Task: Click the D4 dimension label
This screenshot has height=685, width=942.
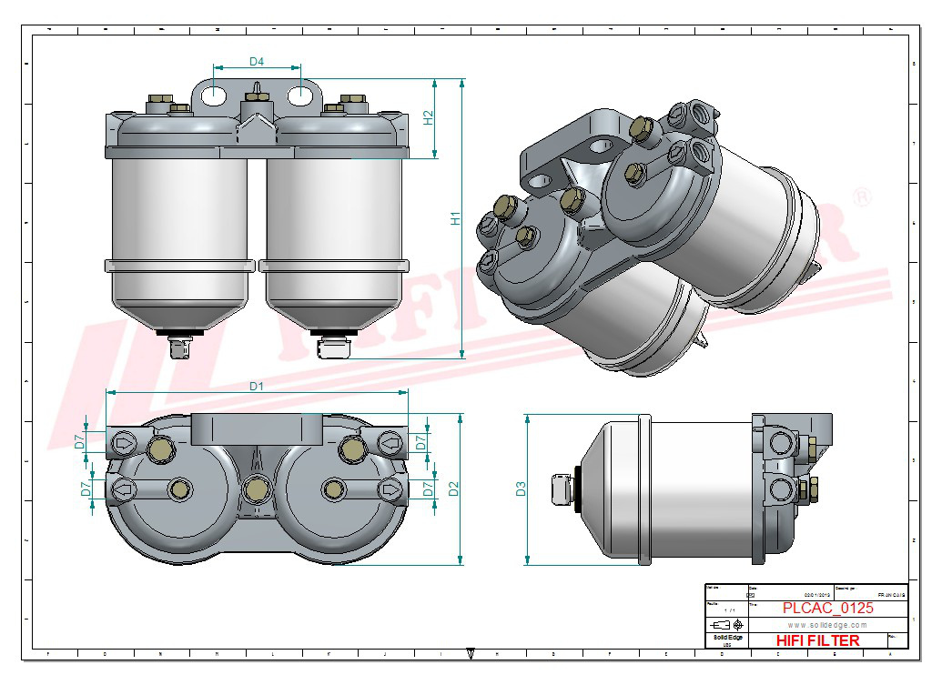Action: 257,62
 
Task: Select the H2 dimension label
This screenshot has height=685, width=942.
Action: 429,118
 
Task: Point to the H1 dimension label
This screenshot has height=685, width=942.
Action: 457,218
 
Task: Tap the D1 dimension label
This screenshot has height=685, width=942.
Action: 257,386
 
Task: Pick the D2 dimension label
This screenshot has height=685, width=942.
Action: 453,488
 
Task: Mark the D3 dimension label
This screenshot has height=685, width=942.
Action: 521,489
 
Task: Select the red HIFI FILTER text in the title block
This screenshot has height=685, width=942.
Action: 817,640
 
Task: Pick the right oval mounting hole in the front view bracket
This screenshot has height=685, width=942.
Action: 300,94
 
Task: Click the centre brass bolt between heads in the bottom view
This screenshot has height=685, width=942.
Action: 256,490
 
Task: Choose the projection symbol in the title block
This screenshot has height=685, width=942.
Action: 726,625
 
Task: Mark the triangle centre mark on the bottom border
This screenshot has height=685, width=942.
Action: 471,651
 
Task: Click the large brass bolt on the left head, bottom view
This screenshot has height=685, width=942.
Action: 161,448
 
